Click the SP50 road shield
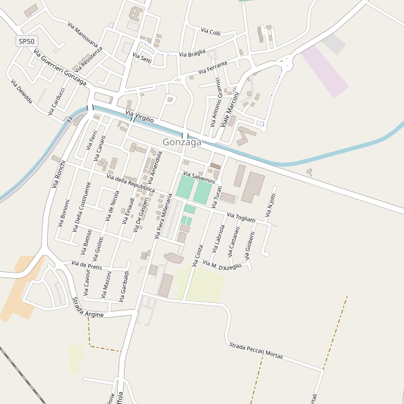(x=26, y=41)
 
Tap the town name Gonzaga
(x=182, y=142)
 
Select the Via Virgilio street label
(x=140, y=116)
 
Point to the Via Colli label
(x=211, y=32)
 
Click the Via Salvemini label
(x=199, y=177)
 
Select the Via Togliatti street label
(x=241, y=217)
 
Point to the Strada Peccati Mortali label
(x=256, y=350)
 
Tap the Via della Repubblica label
(x=131, y=183)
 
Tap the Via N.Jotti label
(x=271, y=206)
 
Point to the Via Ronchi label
(x=59, y=173)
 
